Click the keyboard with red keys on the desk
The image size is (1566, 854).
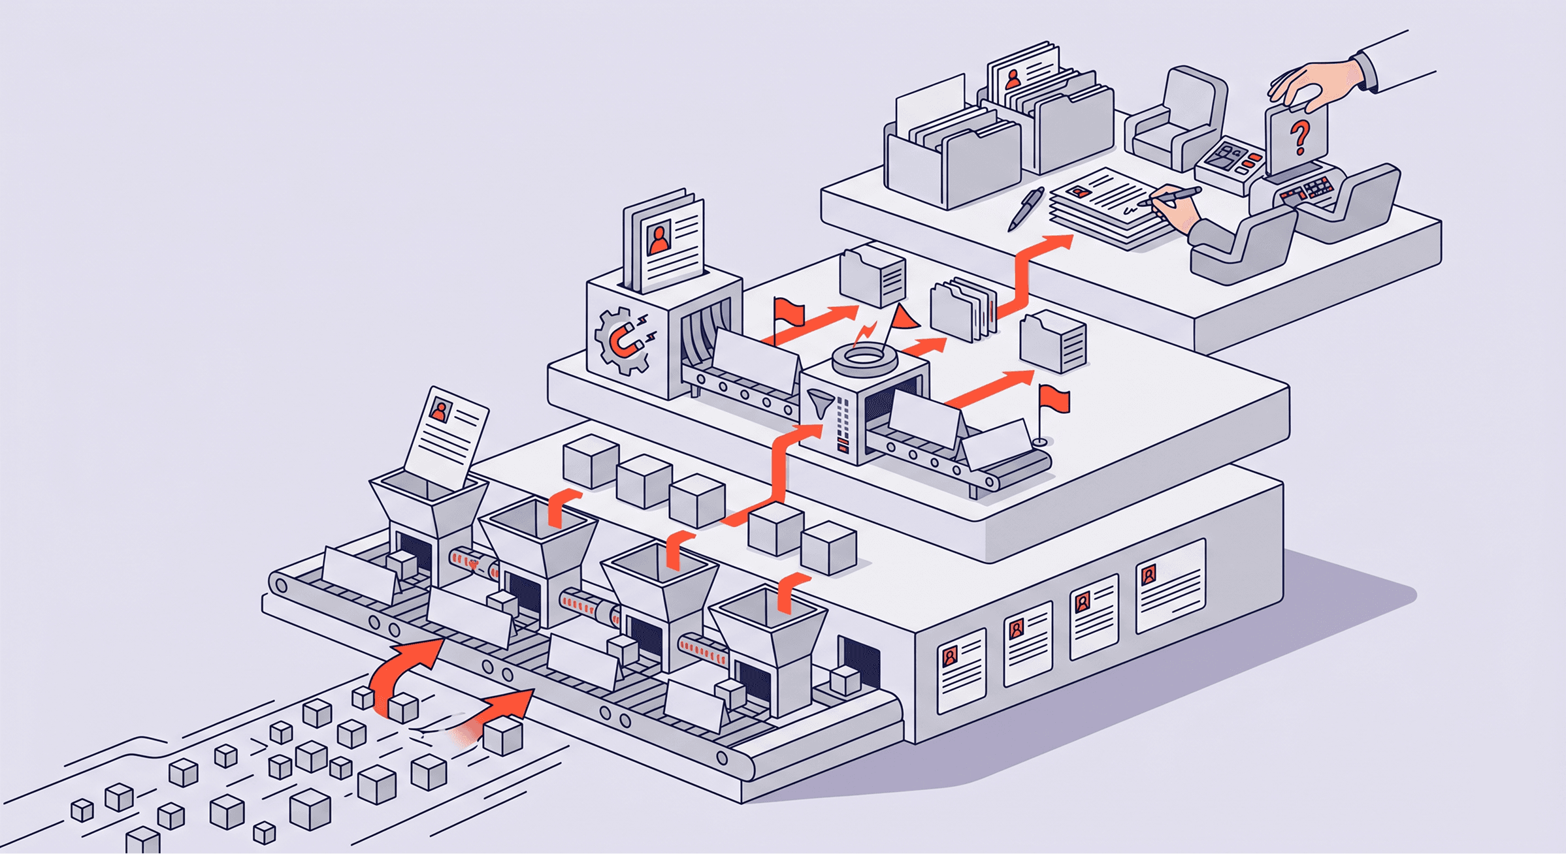1307,190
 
